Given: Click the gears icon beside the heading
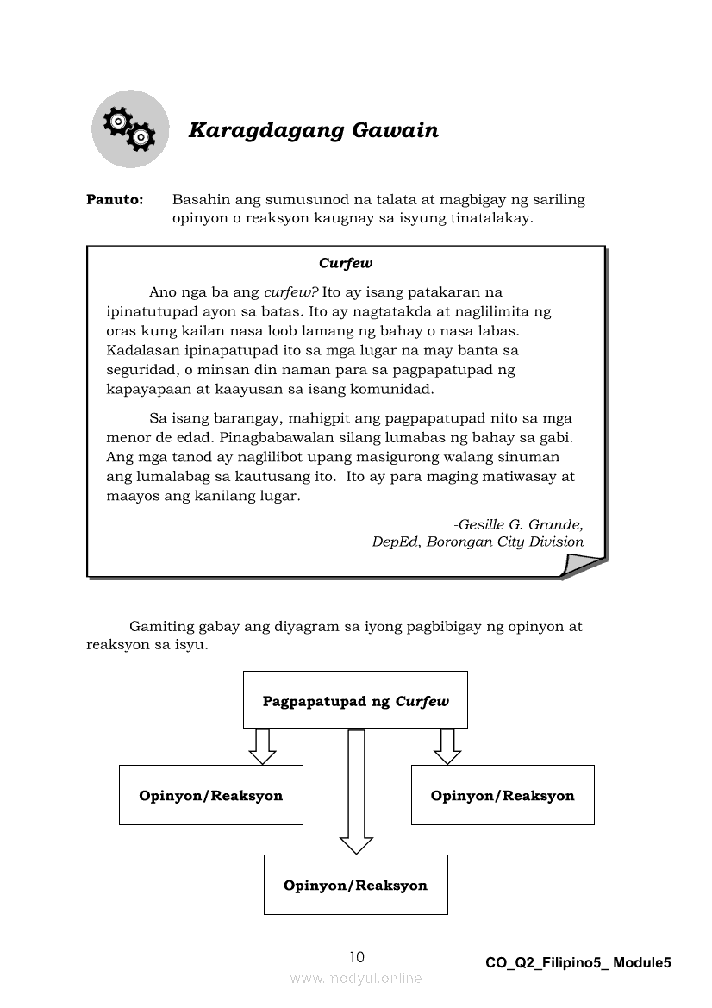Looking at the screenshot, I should (x=130, y=128).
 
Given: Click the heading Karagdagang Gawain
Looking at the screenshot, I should (x=313, y=131).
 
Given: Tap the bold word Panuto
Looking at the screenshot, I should (x=114, y=200).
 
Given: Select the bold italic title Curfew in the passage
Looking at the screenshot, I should (x=345, y=263).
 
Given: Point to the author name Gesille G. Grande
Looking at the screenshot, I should (x=519, y=524).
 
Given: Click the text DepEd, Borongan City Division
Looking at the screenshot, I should (x=478, y=542).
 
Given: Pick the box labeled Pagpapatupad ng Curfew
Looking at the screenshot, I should (x=355, y=700).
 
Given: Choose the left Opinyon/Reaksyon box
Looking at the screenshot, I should (x=211, y=795).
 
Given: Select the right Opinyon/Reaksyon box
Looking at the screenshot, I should (x=503, y=795).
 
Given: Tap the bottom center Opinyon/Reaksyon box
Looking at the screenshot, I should (x=355, y=885).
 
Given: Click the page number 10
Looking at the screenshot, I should (x=357, y=957).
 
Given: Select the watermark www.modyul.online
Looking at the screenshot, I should (x=356, y=978).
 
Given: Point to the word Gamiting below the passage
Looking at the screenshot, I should (x=160, y=627).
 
